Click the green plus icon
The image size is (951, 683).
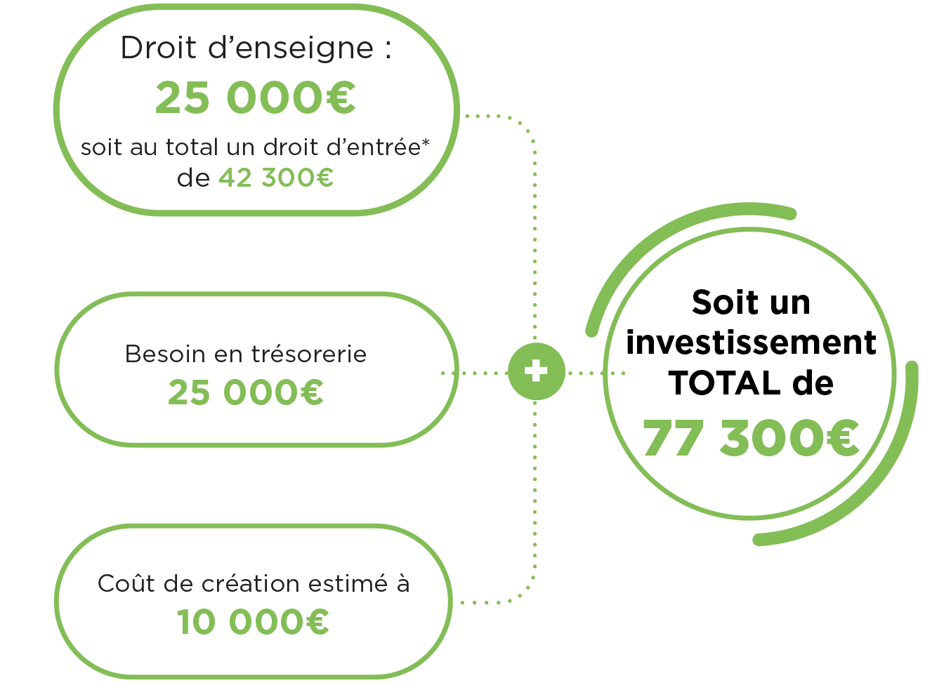pos(536,371)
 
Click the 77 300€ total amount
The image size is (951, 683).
pos(751,438)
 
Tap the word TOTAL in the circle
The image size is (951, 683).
pos(724,383)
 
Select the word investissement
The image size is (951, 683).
pos(751,343)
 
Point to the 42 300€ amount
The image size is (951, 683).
pos(276,178)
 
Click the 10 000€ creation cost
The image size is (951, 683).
pos(253,622)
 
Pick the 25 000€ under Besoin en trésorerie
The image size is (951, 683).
pos(246,392)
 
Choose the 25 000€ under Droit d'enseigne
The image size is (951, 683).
pos(256,98)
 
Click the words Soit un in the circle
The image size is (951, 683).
pos(751,303)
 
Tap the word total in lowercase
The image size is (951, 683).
pos(192,147)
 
